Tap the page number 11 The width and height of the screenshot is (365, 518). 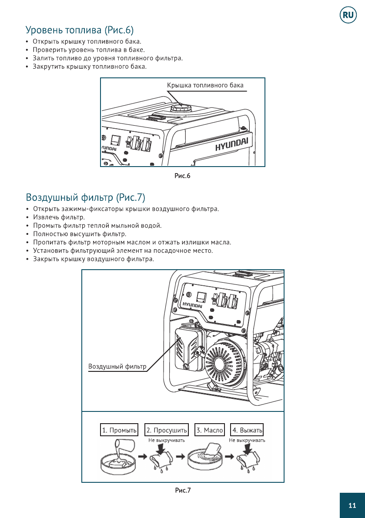352,505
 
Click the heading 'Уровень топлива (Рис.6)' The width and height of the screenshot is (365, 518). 80,30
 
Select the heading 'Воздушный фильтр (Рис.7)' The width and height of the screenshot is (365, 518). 85,197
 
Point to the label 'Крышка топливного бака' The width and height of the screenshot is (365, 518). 205,85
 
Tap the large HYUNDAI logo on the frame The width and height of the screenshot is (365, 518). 232,144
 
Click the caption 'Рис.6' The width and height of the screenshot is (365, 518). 183,176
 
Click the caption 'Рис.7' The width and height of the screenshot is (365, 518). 183,491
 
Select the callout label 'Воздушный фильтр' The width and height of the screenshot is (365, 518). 117,366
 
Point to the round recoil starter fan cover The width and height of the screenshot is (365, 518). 225,361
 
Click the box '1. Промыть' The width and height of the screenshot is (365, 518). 119,430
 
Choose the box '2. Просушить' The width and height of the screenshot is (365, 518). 167,430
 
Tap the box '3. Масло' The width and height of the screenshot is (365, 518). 210,430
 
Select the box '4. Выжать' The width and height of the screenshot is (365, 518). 247,430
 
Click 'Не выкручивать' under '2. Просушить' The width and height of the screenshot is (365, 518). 167,440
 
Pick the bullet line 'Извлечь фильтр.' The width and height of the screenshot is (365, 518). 59,217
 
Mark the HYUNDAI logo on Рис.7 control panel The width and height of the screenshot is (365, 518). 192,304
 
